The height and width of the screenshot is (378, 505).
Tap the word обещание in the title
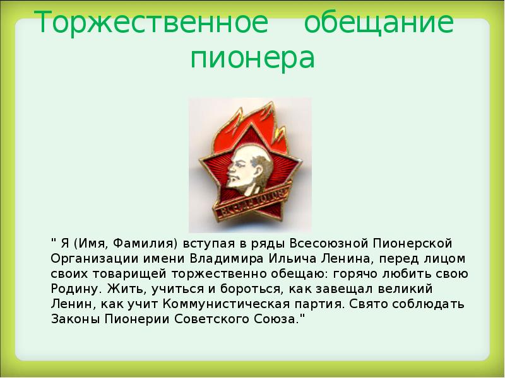click(x=379, y=24)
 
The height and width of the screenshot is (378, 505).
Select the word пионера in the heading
click(x=252, y=59)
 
